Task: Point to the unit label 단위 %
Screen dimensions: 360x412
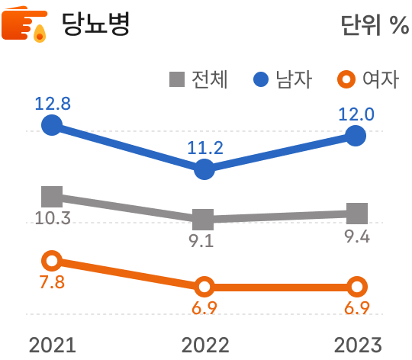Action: [374, 26]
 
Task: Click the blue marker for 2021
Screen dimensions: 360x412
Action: [52, 124]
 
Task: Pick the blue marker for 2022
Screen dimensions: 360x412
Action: [204, 169]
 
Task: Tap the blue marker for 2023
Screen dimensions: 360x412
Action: [356, 136]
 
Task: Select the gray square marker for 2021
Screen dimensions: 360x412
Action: [52, 196]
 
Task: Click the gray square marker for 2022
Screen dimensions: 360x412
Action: [204, 220]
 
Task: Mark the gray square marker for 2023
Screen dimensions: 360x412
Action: [356, 214]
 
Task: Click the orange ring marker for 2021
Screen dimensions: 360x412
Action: [52, 261]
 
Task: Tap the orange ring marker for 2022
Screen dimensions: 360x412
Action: [204, 287]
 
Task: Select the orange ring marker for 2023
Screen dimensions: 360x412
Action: [356, 287]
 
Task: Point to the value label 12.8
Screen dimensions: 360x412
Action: [52, 103]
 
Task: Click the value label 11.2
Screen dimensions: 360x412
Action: [204, 148]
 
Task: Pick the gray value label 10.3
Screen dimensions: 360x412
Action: [53, 219]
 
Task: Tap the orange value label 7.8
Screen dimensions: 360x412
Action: [52, 283]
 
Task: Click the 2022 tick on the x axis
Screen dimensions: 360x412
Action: [204, 345]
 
